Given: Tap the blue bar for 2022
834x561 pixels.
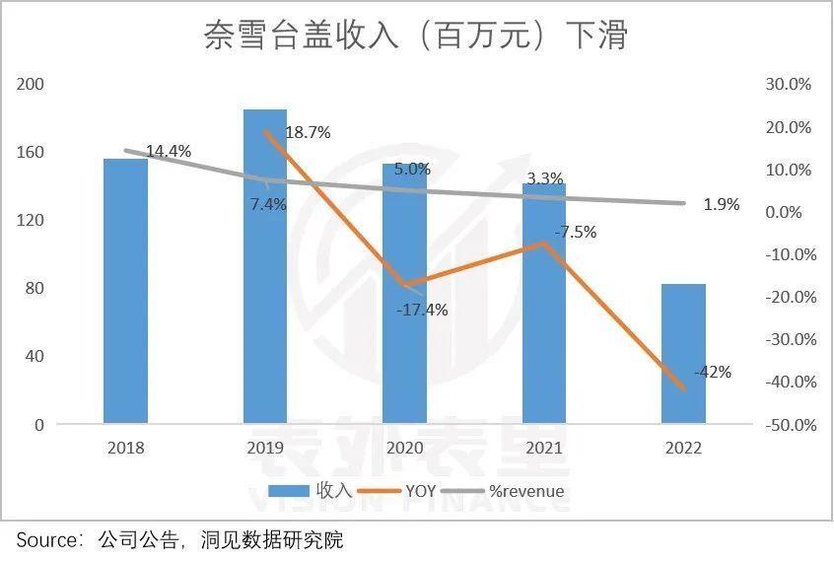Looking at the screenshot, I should pyautogui.click(x=683, y=354).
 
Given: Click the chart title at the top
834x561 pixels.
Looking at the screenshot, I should pyautogui.click(x=416, y=36).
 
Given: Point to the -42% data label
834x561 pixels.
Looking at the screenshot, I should pyautogui.click(x=712, y=372).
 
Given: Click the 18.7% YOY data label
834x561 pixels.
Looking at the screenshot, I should pyautogui.click(x=308, y=132).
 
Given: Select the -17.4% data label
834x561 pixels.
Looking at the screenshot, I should pyautogui.click(x=422, y=310).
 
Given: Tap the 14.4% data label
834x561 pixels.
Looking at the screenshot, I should pyautogui.click(x=169, y=151).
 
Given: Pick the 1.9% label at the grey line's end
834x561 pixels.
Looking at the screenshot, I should pyautogui.click(x=722, y=205).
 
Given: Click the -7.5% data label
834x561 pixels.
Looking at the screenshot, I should pyautogui.click(x=575, y=233).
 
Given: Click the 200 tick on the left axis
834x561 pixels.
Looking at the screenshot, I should pyautogui.click(x=33, y=85).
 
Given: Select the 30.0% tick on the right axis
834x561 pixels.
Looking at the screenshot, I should pyautogui.click(x=788, y=85).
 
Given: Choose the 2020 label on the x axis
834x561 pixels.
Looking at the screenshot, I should pyautogui.click(x=405, y=448).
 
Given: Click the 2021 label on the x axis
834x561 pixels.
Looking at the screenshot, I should pyautogui.click(x=544, y=448).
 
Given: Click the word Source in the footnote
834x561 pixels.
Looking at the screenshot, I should pyautogui.click(x=45, y=540).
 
